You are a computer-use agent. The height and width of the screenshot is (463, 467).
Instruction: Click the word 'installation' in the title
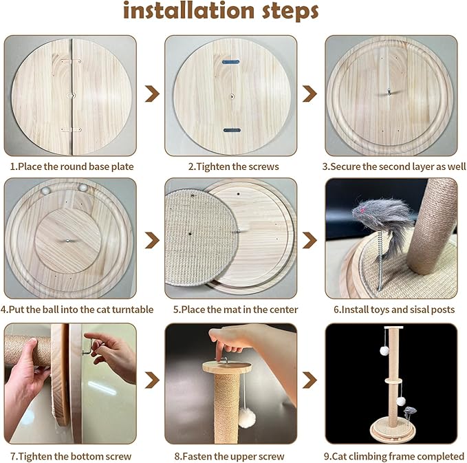tap(187, 12)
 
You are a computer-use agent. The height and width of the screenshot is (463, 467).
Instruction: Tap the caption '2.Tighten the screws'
tap(233, 166)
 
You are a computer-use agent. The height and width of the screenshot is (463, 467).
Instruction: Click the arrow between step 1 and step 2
tap(152, 94)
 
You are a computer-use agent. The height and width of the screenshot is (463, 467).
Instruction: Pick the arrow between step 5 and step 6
tap(310, 239)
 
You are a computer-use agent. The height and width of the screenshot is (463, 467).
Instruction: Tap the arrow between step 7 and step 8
tap(152, 379)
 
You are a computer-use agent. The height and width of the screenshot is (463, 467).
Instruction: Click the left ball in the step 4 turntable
tap(47, 188)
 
